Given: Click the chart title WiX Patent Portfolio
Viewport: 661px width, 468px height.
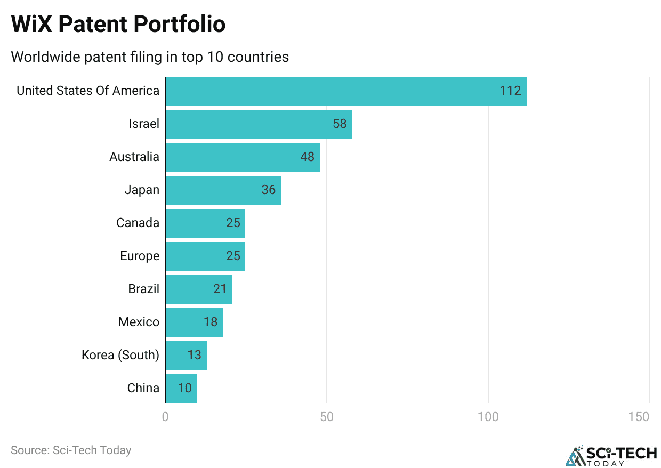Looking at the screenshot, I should click(118, 25).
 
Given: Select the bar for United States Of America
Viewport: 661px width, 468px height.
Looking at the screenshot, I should click(345, 91).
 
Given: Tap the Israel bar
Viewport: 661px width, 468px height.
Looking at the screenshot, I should click(258, 124).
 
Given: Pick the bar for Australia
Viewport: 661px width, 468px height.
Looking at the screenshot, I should click(242, 157).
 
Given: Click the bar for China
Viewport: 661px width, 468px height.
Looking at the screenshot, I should click(181, 388).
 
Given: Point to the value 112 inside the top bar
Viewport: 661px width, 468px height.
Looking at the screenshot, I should click(510, 91).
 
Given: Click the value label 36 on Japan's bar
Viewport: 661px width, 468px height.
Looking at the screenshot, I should click(268, 190).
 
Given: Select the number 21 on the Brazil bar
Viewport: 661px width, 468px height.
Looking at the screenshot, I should click(219, 289).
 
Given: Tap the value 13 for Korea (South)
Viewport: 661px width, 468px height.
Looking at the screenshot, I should click(194, 355).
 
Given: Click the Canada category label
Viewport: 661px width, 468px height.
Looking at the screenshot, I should click(138, 223).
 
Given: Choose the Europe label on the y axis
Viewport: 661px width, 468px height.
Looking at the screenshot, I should click(139, 256).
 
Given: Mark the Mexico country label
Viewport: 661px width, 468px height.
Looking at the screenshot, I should click(139, 322).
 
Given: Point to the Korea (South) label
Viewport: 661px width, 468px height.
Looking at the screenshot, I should click(120, 355).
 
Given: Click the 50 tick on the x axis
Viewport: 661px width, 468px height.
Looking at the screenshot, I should click(327, 417).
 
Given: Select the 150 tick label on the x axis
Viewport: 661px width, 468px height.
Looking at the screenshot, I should click(639, 417).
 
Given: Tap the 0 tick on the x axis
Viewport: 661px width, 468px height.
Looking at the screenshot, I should click(165, 417).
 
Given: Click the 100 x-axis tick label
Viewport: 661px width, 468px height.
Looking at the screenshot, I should click(488, 417).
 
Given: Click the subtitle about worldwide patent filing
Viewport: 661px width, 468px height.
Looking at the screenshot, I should click(150, 57).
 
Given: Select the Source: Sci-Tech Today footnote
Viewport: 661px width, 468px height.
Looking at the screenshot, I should click(71, 450).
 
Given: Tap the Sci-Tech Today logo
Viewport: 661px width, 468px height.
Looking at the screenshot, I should click(611, 455).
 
